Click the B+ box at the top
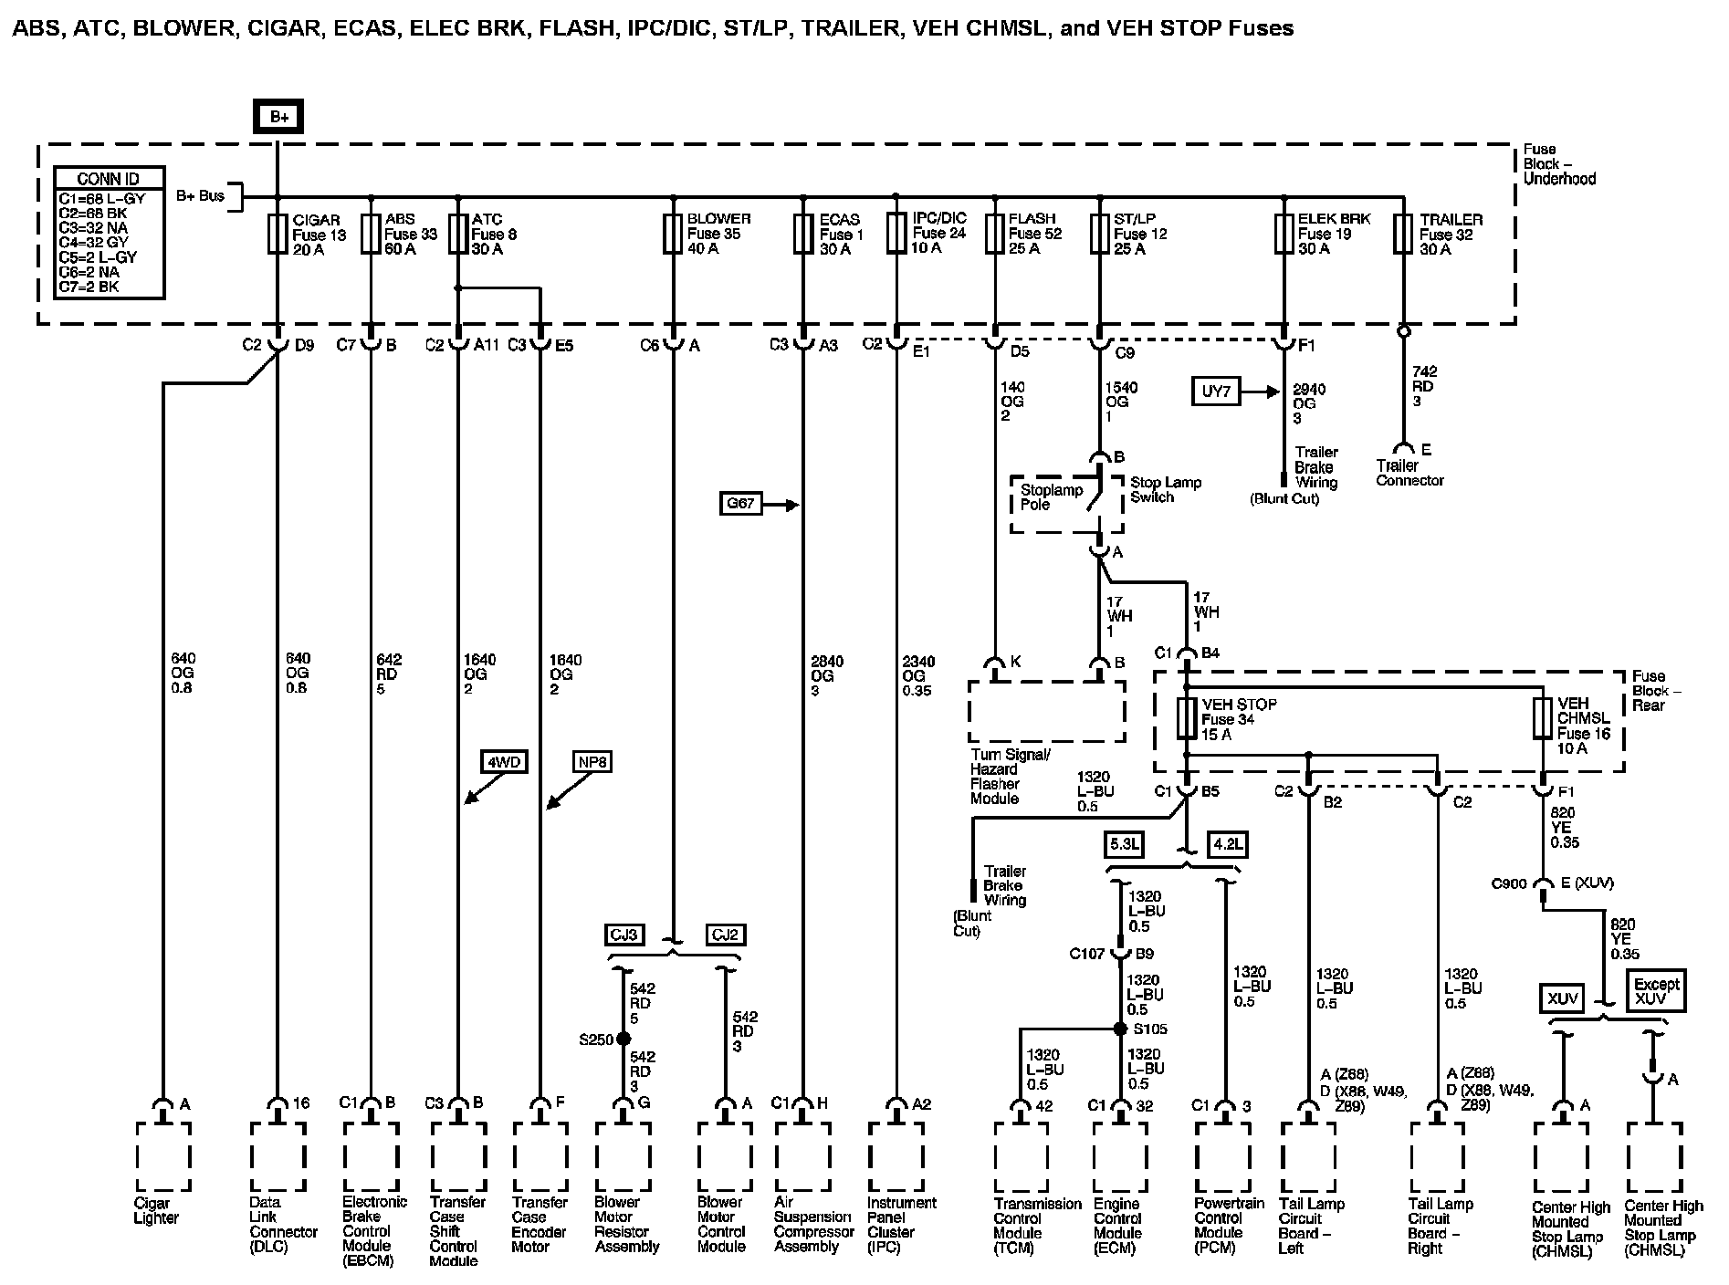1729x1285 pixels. click(278, 117)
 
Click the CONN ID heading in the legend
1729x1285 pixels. click(109, 179)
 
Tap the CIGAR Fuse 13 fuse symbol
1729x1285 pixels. click(278, 235)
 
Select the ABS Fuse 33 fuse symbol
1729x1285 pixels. click(370, 235)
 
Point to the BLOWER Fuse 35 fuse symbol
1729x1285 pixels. click(673, 235)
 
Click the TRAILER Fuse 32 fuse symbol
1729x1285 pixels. click(1403, 235)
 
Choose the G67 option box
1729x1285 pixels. click(740, 503)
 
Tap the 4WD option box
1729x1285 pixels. click(505, 761)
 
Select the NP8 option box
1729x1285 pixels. click(592, 761)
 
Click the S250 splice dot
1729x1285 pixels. click(623, 1039)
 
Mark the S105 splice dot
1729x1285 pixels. click(1120, 1029)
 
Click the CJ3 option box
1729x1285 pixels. click(625, 935)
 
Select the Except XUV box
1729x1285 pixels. click(1656, 991)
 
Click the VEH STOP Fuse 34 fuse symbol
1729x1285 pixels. click(1187, 719)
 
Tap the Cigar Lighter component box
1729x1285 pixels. click(163, 1157)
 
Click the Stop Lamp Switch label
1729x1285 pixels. click(1166, 489)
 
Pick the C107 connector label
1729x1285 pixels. click(1087, 955)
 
